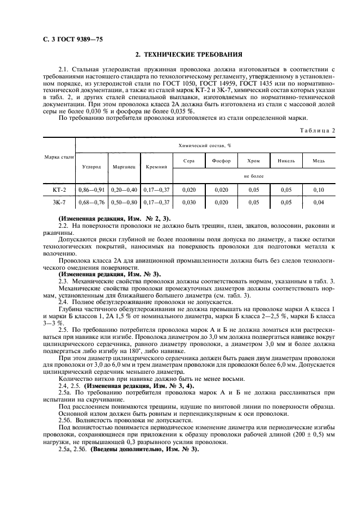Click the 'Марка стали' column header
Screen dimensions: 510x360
(59, 157)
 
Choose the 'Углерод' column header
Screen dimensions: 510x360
(91, 167)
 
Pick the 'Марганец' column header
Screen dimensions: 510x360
(124, 167)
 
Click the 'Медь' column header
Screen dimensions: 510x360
(319, 161)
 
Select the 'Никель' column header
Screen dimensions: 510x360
(286, 161)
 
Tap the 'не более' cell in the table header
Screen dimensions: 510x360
(253, 176)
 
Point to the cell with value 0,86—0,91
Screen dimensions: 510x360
(91, 190)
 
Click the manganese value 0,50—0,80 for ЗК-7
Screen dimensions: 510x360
(124, 203)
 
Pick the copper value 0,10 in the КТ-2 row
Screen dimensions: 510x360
(319, 190)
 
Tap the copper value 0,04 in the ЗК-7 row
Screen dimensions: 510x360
(319, 203)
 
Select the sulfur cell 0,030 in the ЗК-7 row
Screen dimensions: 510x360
(188, 203)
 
